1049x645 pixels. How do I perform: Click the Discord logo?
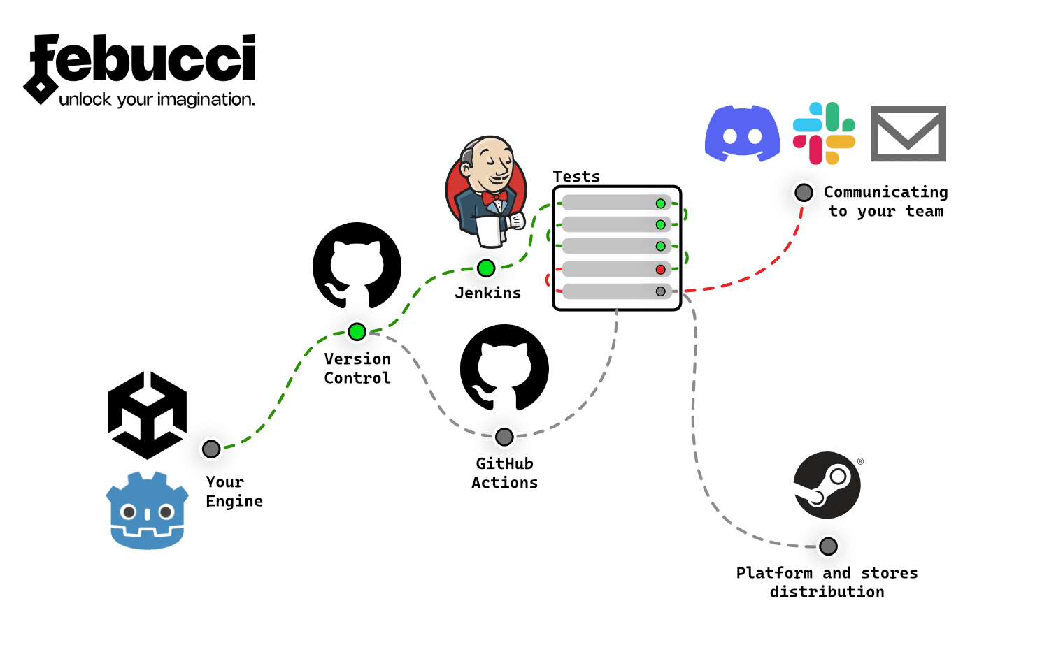pyautogui.click(x=742, y=133)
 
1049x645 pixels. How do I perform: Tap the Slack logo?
pyautogui.click(x=824, y=133)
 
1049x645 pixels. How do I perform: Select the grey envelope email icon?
pyautogui.click(x=908, y=133)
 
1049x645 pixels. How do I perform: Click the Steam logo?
pyautogui.click(x=827, y=485)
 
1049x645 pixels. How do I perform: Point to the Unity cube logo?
pyautogui.click(x=148, y=415)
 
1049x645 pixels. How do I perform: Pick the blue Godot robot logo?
pyautogui.click(x=147, y=511)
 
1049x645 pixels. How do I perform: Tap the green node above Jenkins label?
pyautogui.click(x=486, y=268)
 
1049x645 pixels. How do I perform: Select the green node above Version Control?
pyautogui.click(x=357, y=331)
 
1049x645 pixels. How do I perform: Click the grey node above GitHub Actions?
pyautogui.click(x=504, y=437)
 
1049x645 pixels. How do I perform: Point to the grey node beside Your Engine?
pyautogui.click(x=211, y=449)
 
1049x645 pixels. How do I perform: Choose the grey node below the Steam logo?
pyautogui.click(x=828, y=546)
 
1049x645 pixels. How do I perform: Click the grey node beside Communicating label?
pyautogui.click(x=804, y=192)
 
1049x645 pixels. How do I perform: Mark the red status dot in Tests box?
pyautogui.click(x=660, y=269)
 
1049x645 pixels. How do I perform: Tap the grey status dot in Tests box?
pyautogui.click(x=660, y=291)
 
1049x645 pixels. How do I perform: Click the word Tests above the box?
pyautogui.click(x=576, y=177)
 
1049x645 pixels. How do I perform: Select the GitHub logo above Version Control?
pyautogui.click(x=357, y=266)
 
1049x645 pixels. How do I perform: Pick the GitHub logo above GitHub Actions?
pyautogui.click(x=504, y=368)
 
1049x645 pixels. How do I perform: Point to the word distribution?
pyautogui.click(x=827, y=592)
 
